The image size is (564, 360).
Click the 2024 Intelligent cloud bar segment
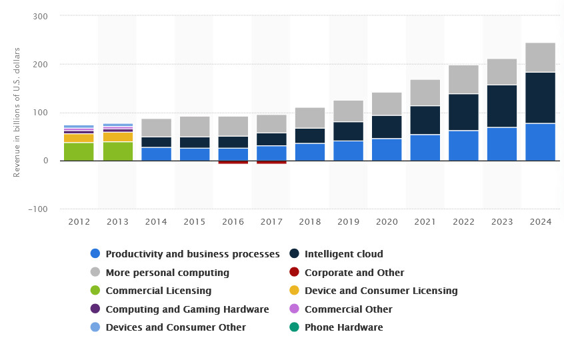(x=540, y=97)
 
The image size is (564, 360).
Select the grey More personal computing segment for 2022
(x=463, y=79)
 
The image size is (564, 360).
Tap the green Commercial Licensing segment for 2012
(x=79, y=151)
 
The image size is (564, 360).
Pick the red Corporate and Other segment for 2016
(x=233, y=162)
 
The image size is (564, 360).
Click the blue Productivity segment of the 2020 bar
(x=387, y=149)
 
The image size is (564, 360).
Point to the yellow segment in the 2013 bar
(x=117, y=137)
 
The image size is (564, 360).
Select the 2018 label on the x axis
(x=309, y=222)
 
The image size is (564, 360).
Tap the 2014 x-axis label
(x=156, y=222)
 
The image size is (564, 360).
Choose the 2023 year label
(x=501, y=222)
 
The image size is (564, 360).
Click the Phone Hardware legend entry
(x=343, y=327)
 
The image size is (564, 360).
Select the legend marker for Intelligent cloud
(x=294, y=254)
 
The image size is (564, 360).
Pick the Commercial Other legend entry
(x=348, y=309)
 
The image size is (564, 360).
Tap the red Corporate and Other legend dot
(x=294, y=273)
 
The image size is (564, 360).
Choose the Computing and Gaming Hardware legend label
(x=187, y=309)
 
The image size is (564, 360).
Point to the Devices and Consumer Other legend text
(x=175, y=327)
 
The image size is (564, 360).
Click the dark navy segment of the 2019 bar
(x=348, y=131)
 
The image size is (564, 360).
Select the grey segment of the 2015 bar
(x=194, y=127)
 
